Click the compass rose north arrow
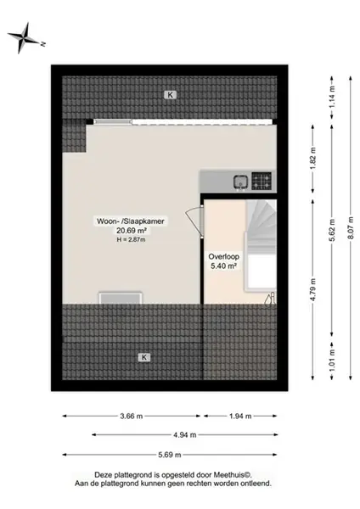(24, 38)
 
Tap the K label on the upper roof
(170, 95)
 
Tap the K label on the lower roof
(144, 357)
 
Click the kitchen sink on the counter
(241, 182)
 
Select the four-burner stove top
(262, 181)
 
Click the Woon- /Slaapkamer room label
(131, 221)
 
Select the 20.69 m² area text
(131, 231)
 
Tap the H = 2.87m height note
(131, 240)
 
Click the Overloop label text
(223, 257)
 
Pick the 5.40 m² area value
(223, 266)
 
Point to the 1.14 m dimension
(332, 98)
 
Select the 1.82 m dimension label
(313, 159)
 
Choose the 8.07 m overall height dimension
(351, 228)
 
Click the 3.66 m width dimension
(132, 416)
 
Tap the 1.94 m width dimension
(240, 416)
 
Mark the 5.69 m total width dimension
(170, 455)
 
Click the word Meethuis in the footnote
(229, 474)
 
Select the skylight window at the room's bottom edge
(121, 298)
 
